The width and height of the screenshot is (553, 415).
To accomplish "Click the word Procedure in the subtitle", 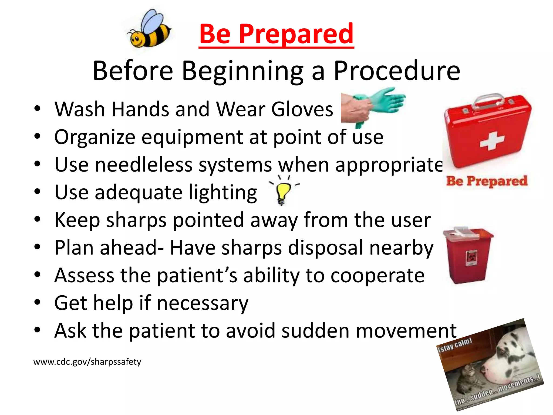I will click(397, 71).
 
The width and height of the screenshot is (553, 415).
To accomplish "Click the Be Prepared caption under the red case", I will click(487, 181).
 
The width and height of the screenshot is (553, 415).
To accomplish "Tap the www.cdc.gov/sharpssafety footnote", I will click(87, 362).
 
